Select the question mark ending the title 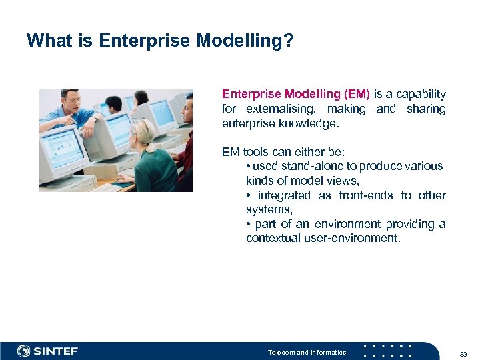289,41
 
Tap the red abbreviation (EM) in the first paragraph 356,94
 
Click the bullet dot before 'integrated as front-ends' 248,195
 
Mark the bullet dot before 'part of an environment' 248,224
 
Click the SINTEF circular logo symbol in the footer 24,351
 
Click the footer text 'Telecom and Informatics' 307,352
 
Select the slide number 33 464,353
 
